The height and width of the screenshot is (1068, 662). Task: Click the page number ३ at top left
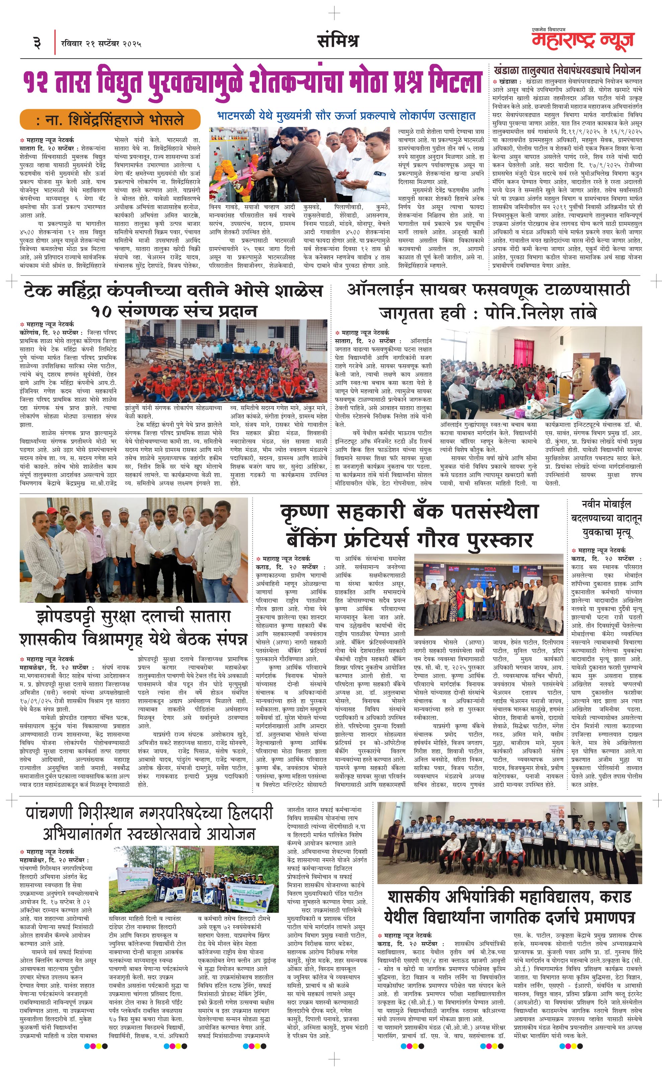click(x=37, y=43)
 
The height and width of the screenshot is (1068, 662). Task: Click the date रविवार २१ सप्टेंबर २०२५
click(x=101, y=43)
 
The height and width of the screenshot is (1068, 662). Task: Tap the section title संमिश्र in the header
click(x=338, y=41)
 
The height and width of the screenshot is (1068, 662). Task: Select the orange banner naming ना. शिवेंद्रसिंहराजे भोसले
click(x=110, y=120)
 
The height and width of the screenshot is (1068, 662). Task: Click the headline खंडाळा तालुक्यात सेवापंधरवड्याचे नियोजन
click(x=567, y=70)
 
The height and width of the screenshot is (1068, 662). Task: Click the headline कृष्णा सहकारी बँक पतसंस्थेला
click(x=409, y=512)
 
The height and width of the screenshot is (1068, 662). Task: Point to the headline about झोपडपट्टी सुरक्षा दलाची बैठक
click(x=134, y=628)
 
